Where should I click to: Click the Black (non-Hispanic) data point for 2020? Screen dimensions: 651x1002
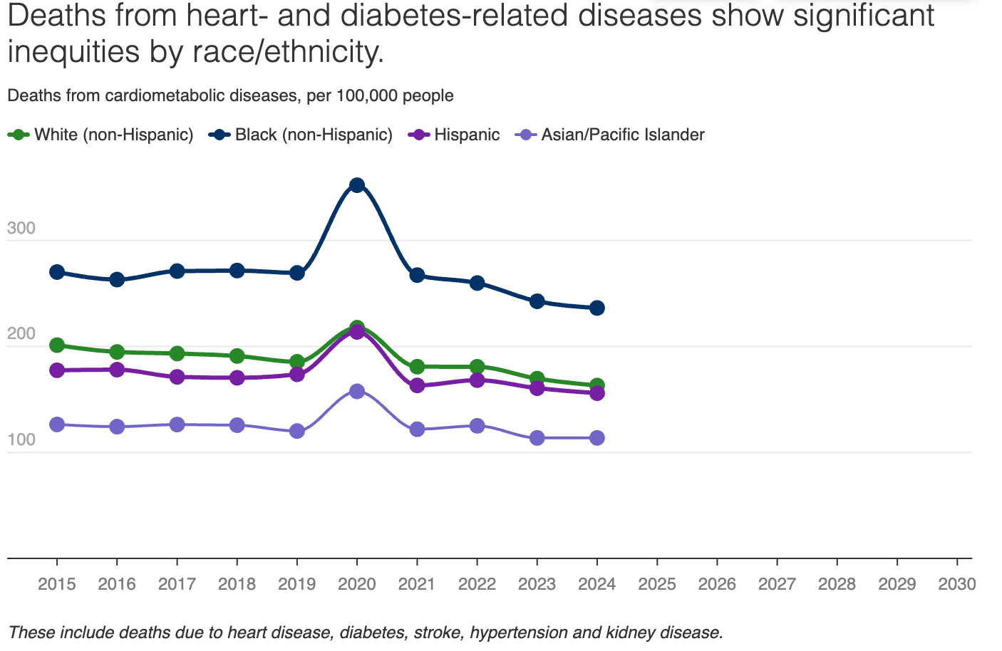coord(357,186)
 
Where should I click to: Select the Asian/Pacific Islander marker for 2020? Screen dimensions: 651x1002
coord(357,391)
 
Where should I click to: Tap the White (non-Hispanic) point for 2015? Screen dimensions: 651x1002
coord(57,345)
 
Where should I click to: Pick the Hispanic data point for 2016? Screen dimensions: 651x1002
coord(117,370)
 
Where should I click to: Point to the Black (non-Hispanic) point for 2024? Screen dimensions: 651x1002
coord(597,308)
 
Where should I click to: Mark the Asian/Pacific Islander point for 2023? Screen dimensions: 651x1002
coord(537,438)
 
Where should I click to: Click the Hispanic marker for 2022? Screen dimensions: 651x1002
coord(477,380)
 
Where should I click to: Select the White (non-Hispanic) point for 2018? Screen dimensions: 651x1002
coord(237,356)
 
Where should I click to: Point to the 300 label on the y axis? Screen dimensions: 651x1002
coord(21,229)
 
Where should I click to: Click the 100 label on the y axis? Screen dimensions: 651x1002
coord(21,439)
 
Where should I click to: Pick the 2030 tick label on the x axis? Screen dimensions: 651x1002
coord(956,585)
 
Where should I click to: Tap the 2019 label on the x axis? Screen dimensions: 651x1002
coord(297,585)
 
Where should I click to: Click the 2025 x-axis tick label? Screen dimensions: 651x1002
coord(657,585)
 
